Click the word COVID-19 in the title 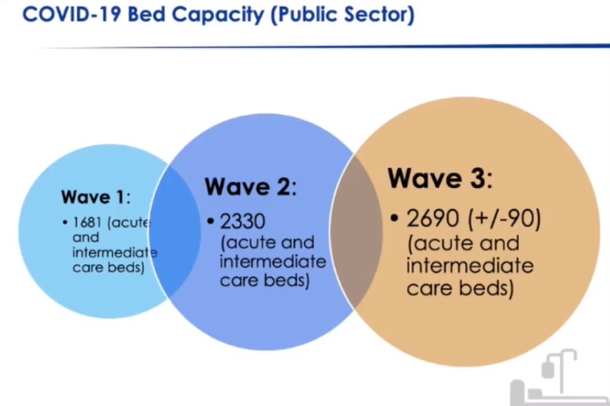coord(71,15)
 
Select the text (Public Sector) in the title coord(342,15)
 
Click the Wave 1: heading coord(96,197)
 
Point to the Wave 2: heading coord(251,186)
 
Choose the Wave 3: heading coord(440,179)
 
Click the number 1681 coord(88,222)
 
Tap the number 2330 coord(243,221)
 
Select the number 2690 coord(432,218)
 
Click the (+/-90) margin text coord(504,219)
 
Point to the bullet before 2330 coord(211,221)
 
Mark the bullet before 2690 coord(395,218)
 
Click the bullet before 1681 coord(64,222)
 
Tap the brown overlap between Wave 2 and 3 coord(355,232)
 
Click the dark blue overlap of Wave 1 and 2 coord(175,231)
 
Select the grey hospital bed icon coord(559,378)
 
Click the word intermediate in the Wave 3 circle coord(470,266)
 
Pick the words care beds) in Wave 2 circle coord(265,281)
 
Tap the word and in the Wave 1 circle coord(86,238)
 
